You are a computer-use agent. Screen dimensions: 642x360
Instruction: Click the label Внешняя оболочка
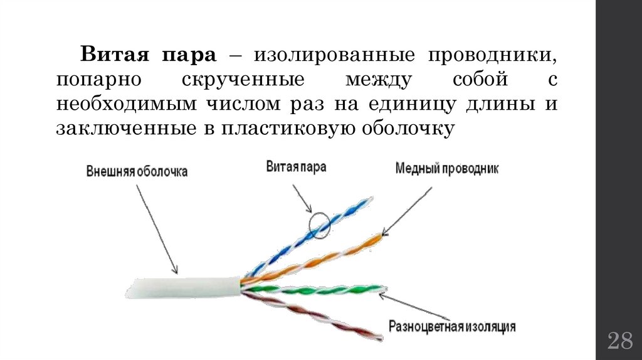pos(137,171)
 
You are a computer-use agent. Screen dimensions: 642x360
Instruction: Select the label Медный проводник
pos(447,169)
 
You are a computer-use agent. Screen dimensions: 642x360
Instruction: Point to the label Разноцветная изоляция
pos(452,326)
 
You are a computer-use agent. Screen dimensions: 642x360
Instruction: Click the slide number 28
pos(619,342)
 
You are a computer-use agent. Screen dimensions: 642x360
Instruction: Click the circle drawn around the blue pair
pos(320,226)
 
